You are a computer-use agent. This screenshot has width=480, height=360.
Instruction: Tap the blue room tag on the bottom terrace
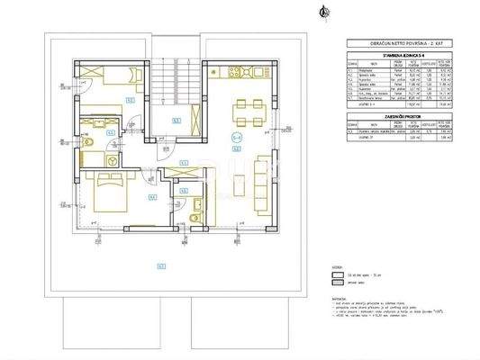pos(160,265)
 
